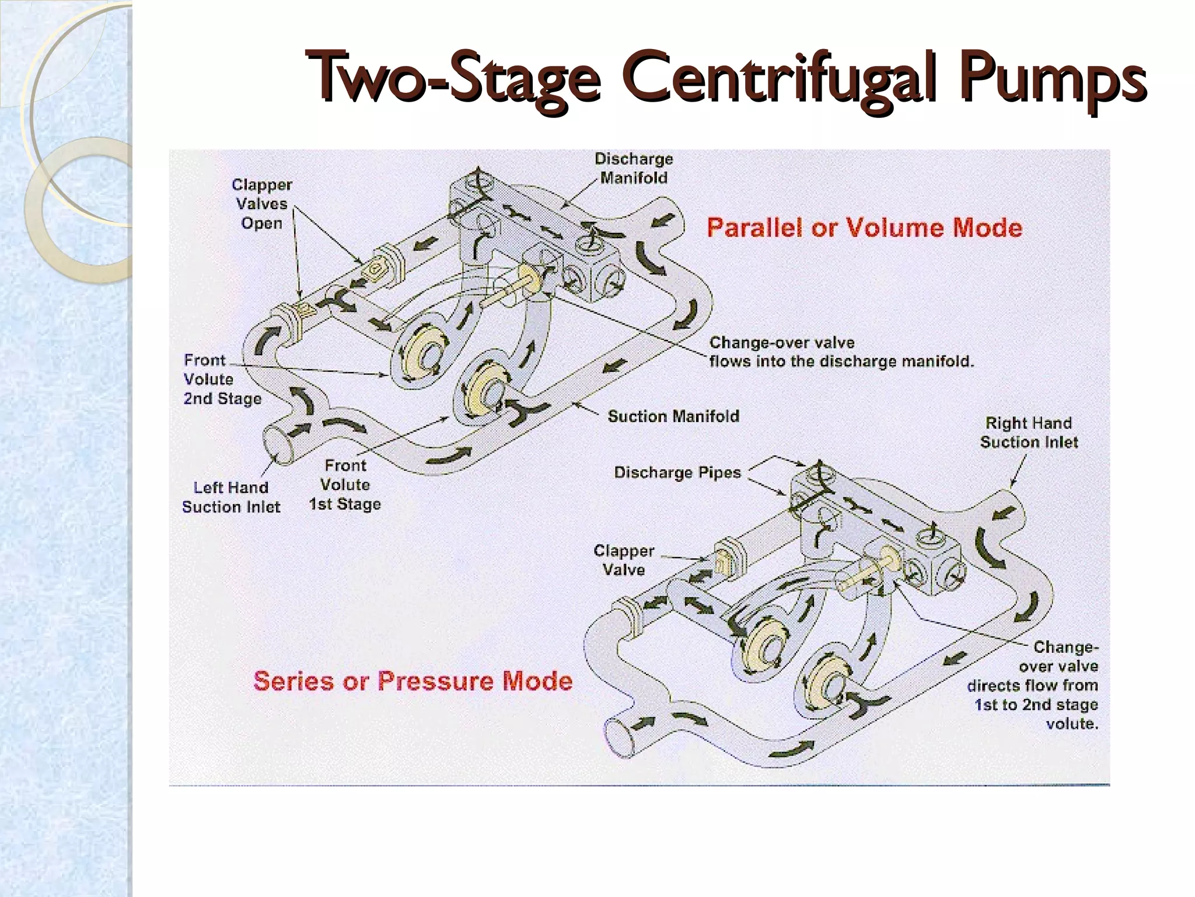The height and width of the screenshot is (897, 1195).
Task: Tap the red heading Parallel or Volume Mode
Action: point(864,227)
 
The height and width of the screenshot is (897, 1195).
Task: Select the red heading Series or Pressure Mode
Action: point(413,681)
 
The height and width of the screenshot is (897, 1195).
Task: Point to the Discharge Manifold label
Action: point(634,168)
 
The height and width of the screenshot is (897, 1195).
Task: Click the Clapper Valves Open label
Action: point(262,204)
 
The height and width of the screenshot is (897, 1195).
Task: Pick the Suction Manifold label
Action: point(673,416)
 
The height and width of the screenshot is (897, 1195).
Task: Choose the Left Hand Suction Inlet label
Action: point(231,497)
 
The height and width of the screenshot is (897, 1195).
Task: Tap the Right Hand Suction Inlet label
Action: point(1029,432)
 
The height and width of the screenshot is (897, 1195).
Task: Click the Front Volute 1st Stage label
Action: point(345,485)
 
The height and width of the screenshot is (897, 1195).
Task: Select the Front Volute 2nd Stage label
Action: point(222,380)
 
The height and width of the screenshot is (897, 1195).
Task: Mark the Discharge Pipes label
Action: point(677,472)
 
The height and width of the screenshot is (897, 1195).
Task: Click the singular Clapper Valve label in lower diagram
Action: point(624,560)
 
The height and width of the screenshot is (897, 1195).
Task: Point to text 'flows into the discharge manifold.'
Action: point(841,361)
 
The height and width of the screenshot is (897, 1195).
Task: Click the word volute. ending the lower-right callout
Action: point(1072,724)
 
